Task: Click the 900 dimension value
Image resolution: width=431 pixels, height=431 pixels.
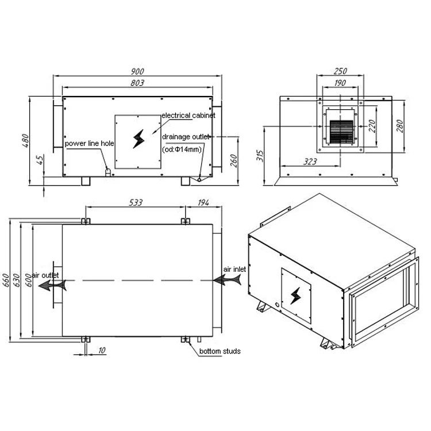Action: [x=137, y=71]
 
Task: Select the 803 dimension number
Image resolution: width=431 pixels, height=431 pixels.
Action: [x=137, y=83]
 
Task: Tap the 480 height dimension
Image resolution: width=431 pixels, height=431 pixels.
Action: [x=25, y=140]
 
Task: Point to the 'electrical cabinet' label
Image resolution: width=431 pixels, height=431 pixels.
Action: [x=188, y=116]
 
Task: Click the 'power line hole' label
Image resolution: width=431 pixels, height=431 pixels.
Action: [x=89, y=144]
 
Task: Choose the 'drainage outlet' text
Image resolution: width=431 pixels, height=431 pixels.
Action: [x=186, y=137]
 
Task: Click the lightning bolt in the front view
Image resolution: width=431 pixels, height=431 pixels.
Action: [x=139, y=139]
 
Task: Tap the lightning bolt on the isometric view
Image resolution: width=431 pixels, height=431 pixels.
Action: [x=295, y=296]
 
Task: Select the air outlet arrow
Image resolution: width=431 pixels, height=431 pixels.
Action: [x=52, y=285]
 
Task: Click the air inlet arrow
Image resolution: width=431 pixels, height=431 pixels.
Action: [x=228, y=280]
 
